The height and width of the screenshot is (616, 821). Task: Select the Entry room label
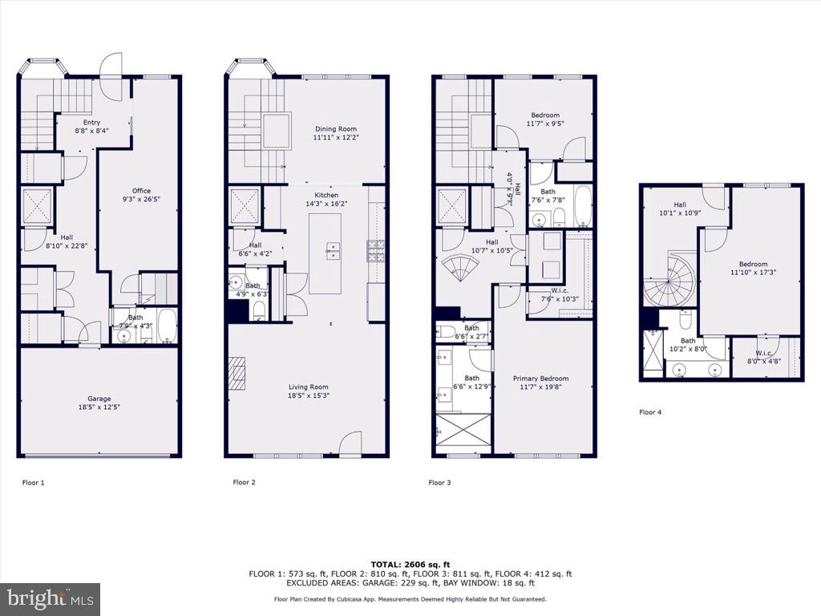click(92, 126)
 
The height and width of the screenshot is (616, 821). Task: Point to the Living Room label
click(309, 391)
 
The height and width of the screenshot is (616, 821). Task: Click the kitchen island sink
click(332, 250)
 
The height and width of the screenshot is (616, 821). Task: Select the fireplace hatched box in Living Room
click(237, 372)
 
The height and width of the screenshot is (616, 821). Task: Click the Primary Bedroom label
click(540, 383)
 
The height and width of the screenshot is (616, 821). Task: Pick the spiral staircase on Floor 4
click(670, 281)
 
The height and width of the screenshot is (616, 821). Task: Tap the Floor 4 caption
click(650, 412)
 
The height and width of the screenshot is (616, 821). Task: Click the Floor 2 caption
click(245, 482)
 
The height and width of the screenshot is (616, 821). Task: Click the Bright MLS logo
click(51, 598)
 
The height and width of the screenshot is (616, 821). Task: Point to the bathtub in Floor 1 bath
click(167, 326)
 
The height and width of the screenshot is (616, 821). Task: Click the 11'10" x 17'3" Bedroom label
click(753, 268)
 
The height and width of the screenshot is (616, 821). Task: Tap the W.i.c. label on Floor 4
click(767, 357)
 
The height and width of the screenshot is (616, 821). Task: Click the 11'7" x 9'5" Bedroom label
click(543, 119)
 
